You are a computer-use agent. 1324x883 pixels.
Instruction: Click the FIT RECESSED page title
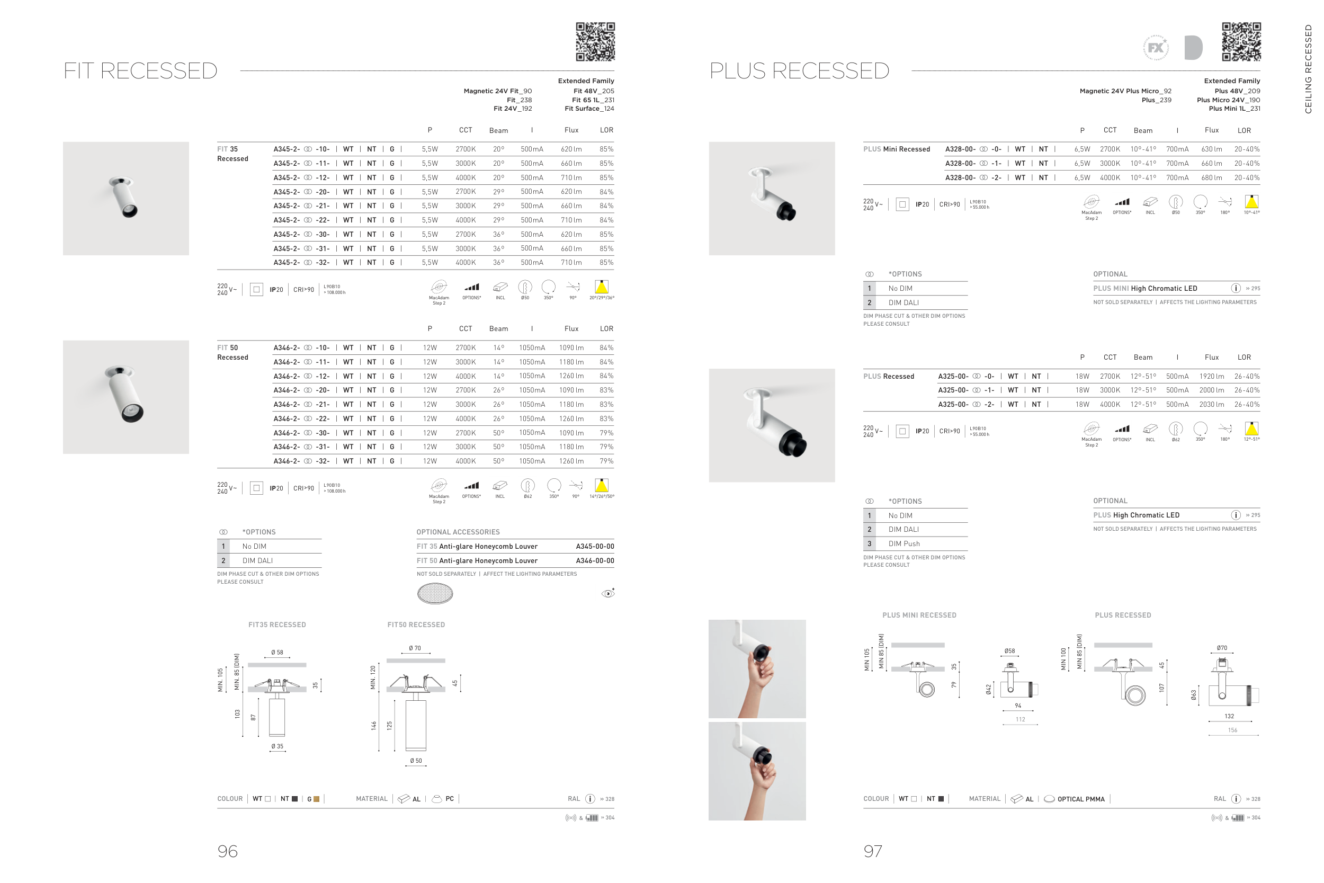click(x=140, y=71)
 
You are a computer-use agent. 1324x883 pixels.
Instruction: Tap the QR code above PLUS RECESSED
click(x=1241, y=42)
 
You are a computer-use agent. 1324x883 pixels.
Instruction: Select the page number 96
click(x=227, y=851)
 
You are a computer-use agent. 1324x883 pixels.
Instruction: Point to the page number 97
click(x=873, y=851)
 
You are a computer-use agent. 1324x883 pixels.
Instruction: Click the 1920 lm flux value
click(x=1211, y=376)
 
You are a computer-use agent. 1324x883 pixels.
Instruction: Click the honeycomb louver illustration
click(x=435, y=593)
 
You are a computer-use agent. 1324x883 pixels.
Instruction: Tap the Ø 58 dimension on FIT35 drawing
click(x=277, y=652)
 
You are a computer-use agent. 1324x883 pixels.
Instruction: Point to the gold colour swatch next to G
click(x=316, y=799)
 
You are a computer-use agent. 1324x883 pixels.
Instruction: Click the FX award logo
click(x=1155, y=48)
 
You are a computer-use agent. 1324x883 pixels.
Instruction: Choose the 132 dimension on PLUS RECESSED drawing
click(x=1229, y=716)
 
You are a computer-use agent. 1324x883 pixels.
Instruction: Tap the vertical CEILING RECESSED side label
click(x=1308, y=69)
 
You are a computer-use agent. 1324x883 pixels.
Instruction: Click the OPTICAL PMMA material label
click(x=1080, y=799)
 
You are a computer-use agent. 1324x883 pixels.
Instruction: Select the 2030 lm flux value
click(x=1211, y=404)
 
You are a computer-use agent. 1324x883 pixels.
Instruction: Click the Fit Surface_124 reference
click(x=589, y=109)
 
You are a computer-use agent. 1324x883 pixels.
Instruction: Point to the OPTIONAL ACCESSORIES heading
click(x=458, y=532)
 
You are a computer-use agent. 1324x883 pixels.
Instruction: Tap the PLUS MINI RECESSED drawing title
click(x=919, y=616)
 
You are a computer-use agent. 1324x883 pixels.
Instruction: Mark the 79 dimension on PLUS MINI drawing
click(x=954, y=685)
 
